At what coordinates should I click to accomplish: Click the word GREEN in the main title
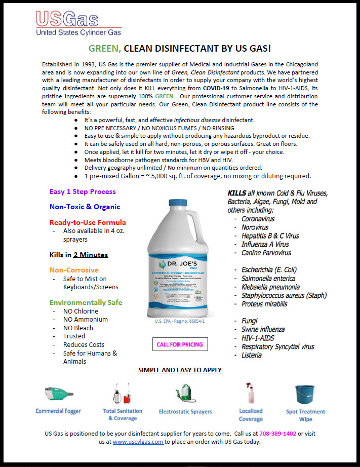(x=104, y=49)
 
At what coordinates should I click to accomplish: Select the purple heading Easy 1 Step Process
(x=83, y=191)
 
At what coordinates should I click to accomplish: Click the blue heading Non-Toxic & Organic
(x=85, y=207)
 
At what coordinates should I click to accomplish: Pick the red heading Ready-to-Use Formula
(x=88, y=222)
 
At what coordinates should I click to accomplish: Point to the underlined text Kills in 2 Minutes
(x=78, y=255)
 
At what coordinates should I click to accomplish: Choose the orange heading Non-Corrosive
(x=74, y=270)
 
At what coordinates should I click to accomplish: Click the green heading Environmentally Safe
(x=86, y=302)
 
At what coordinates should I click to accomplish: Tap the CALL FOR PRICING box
(x=179, y=344)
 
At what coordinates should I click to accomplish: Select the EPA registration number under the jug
(x=180, y=321)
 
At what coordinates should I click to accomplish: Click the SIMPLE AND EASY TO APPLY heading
(x=180, y=370)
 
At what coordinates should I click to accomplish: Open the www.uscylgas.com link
(x=138, y=441)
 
